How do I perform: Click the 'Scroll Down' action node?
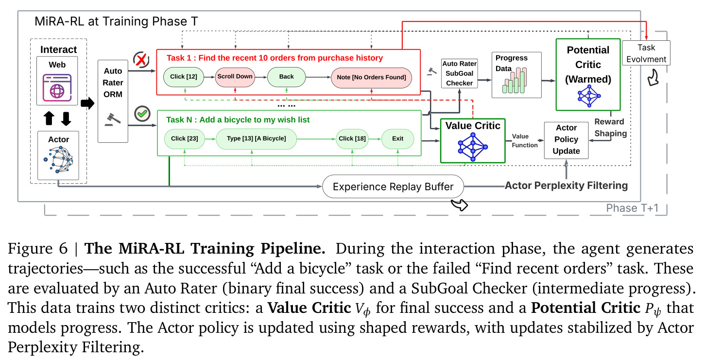click(235, 77)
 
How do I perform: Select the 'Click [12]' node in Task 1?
click(184, 77)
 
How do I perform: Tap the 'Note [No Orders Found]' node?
click(371, 78)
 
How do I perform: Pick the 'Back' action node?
click(286, 77)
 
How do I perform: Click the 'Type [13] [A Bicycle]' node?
click(256, 139)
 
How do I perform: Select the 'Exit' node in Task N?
click(397, 139)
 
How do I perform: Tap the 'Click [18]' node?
click(352, 139)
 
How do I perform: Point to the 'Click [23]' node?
click(185, 139)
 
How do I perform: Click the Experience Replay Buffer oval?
click(393, 187)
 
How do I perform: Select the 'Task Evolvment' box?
click(646, 53)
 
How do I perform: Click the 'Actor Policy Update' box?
click(567, 140)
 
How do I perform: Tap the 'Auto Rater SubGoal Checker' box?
click(460, 73)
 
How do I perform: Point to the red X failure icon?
click(141, 59)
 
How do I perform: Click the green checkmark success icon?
click(142, 113)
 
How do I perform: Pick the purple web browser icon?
click(57, 87)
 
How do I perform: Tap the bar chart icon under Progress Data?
click(515, 81)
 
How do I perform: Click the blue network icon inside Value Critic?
click(473, 147)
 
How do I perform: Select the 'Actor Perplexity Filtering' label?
click(567, 186)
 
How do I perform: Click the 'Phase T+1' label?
click(632, 208)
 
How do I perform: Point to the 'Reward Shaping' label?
click(611, 128)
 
